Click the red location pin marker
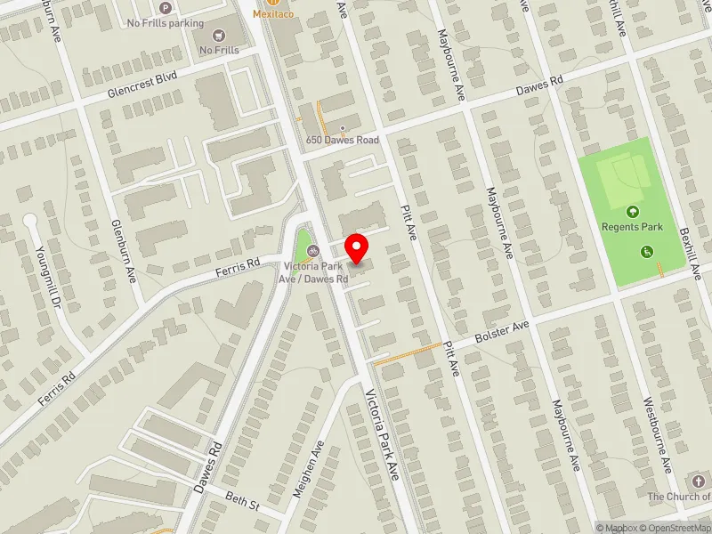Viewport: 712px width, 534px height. point(357,247)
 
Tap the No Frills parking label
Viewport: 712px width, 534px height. point(166,23)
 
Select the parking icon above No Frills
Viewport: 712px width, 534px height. point(163,8)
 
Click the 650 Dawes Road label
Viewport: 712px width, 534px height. point(342,140)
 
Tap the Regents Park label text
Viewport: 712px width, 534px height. point(632,227)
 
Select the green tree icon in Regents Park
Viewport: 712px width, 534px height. point(632,212)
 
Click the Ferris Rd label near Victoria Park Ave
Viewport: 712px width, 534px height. point(238,265)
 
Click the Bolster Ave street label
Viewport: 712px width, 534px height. point(501,330)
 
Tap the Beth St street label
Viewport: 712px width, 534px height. point(241,503)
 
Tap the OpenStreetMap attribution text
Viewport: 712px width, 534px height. point(674,528)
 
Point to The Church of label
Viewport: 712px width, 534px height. point(678,497)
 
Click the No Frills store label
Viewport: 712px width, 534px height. point(219,51)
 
